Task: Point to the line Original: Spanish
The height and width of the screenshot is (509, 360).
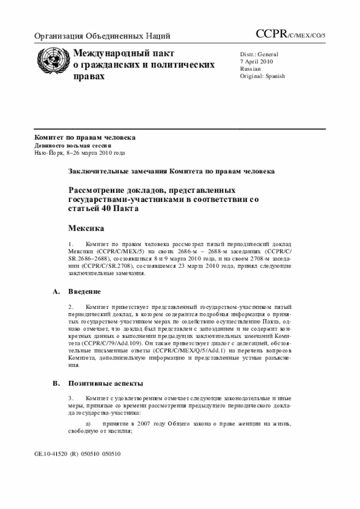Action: pos(262,76)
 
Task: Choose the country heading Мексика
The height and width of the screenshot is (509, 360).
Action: pos(86,228)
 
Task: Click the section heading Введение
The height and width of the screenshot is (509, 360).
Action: pos(85,292)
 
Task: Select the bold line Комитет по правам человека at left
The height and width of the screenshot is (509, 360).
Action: pos(85,138)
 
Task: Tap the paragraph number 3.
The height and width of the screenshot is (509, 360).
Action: pos(71,398)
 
